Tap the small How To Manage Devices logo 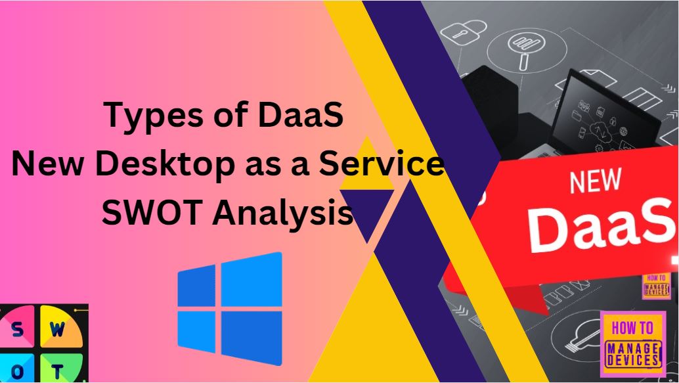point(656,285)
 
